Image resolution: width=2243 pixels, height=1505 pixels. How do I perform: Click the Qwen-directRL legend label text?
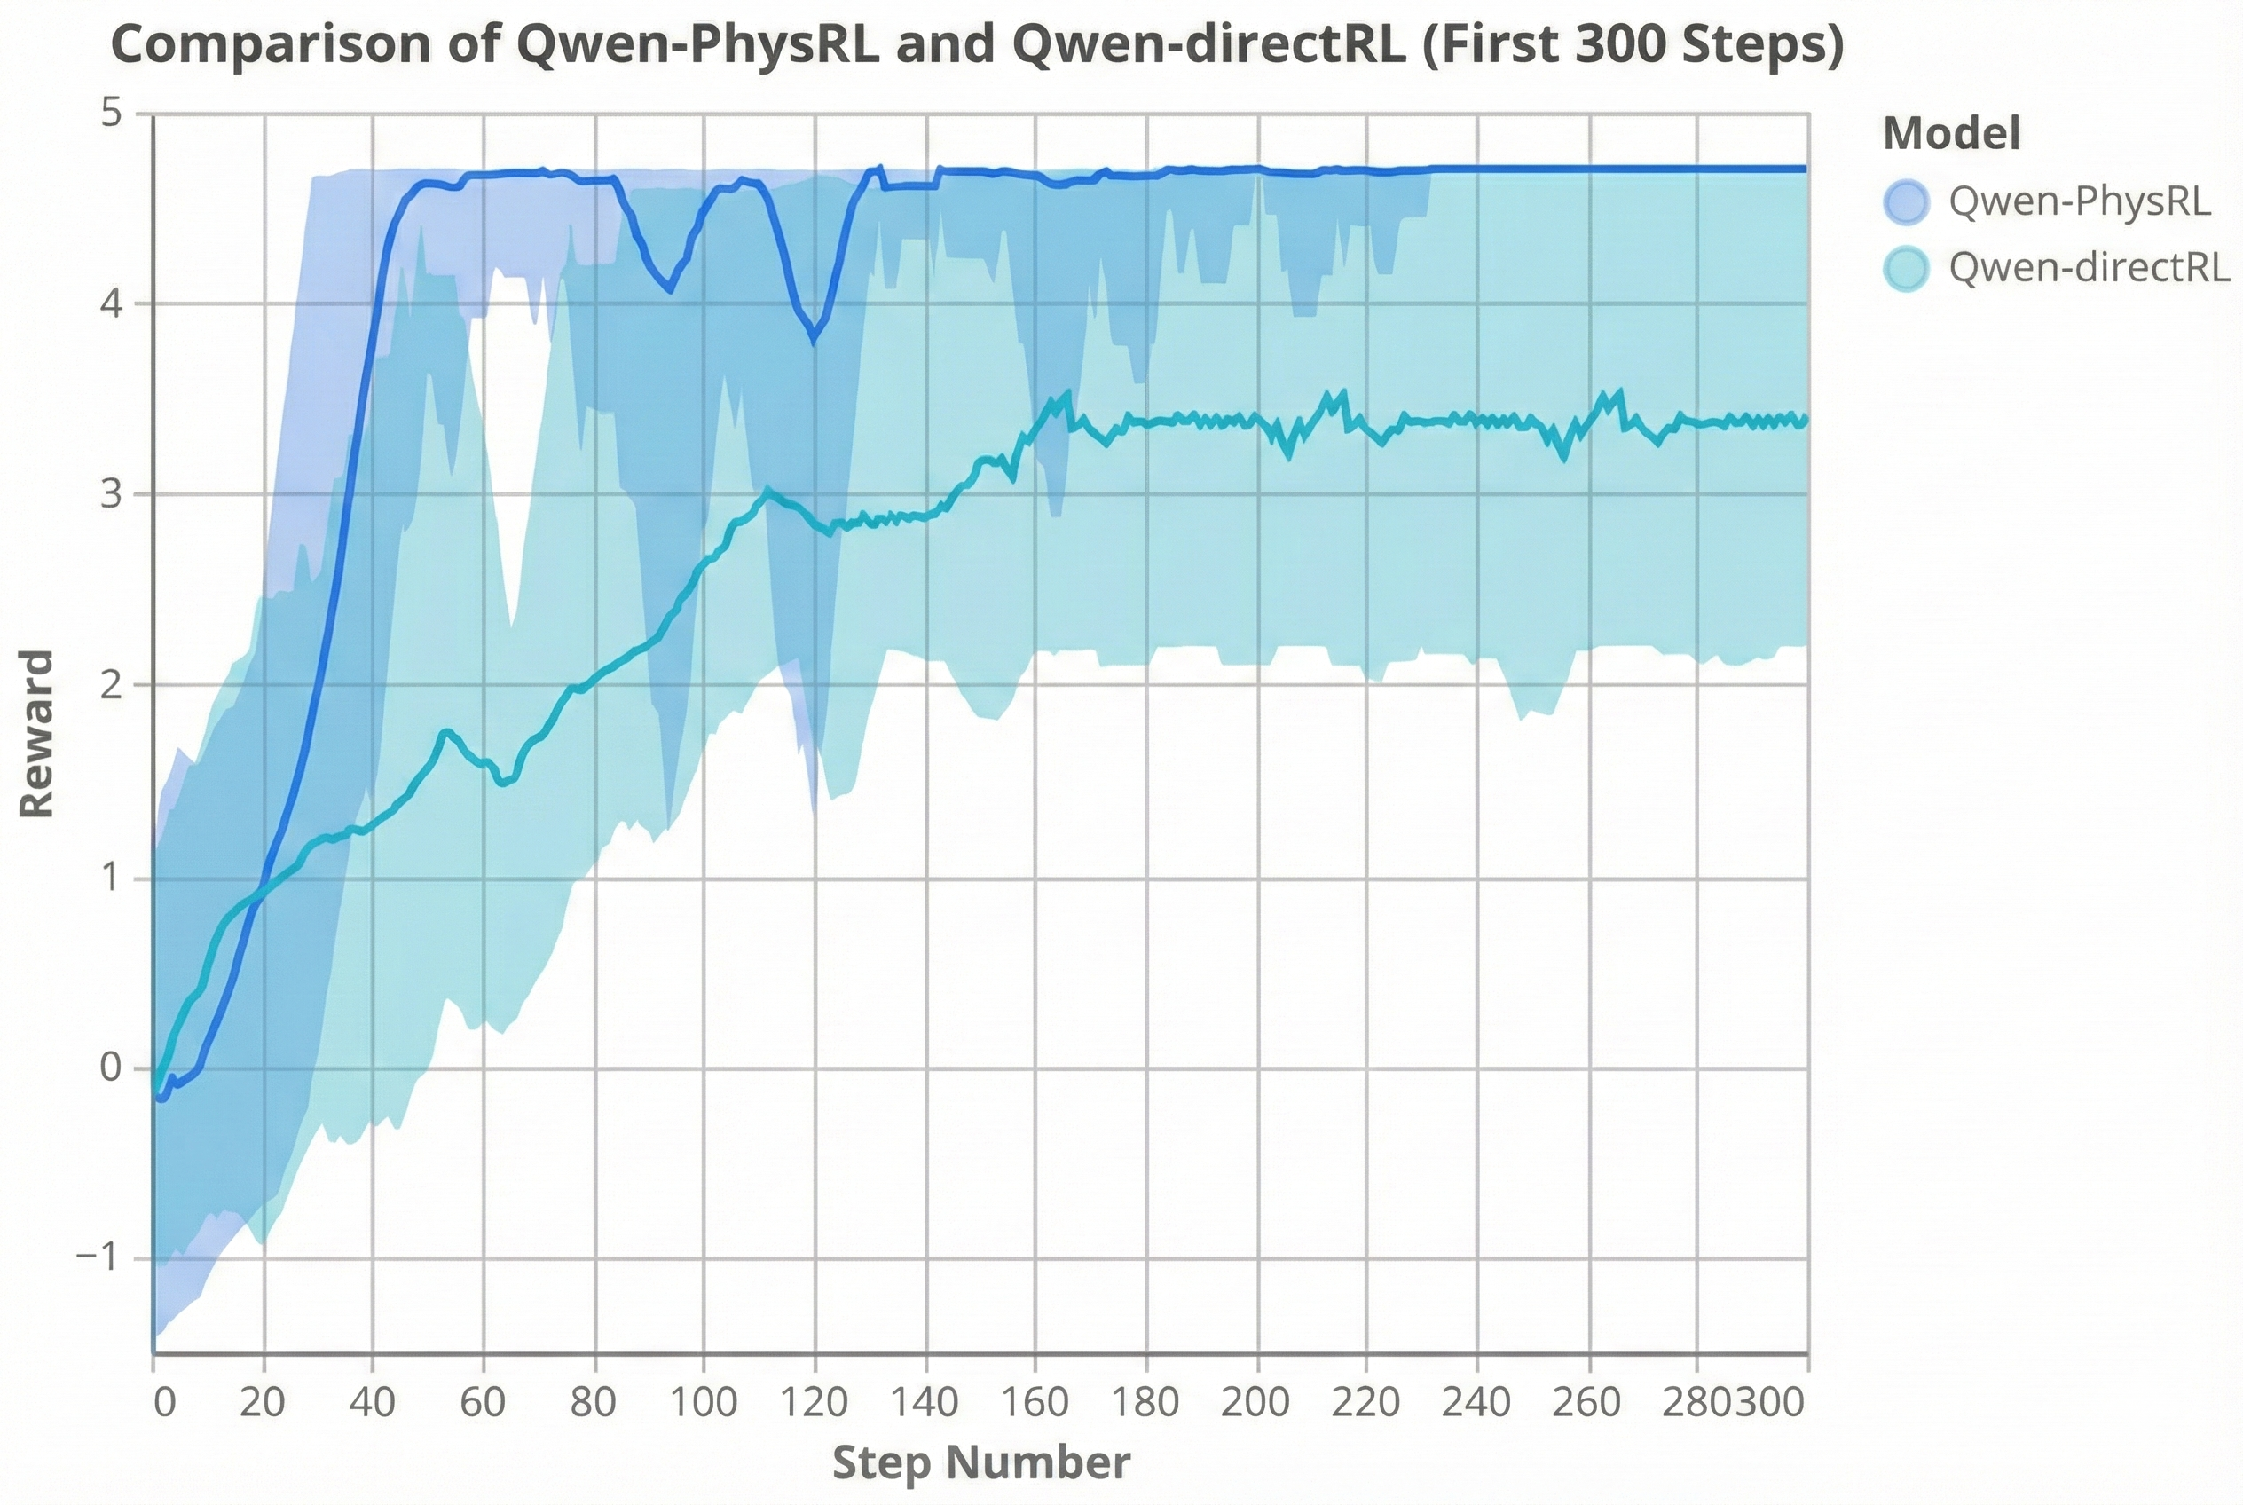coord(2089,268)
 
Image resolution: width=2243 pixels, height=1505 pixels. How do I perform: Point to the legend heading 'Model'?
coord(1951,133)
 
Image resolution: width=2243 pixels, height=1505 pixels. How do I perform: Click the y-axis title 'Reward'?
coord(37,734)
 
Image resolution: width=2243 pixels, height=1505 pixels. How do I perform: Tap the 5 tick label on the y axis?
coord(113,114)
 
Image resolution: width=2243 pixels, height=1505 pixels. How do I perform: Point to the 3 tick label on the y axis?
coord(113,493)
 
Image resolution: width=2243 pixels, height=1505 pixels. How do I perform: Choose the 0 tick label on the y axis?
coord(113,1067)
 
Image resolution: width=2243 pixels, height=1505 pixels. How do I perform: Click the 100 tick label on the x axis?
coord(704,1403)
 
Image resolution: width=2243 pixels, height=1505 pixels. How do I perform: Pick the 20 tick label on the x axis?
coord(262,1403)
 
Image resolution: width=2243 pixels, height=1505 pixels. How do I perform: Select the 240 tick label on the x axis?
coord(1476,1403)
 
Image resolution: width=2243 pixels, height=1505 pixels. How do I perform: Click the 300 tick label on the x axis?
coord(1771,1403)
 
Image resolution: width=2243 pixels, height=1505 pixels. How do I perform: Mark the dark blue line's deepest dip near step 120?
coord(815,340)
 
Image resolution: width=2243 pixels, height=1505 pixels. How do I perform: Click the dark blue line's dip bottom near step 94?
coord(670,290)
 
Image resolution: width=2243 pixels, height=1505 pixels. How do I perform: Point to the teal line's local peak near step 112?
coord(767,491)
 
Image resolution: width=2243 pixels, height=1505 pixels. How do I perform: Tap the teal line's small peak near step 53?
coord(445,732)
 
